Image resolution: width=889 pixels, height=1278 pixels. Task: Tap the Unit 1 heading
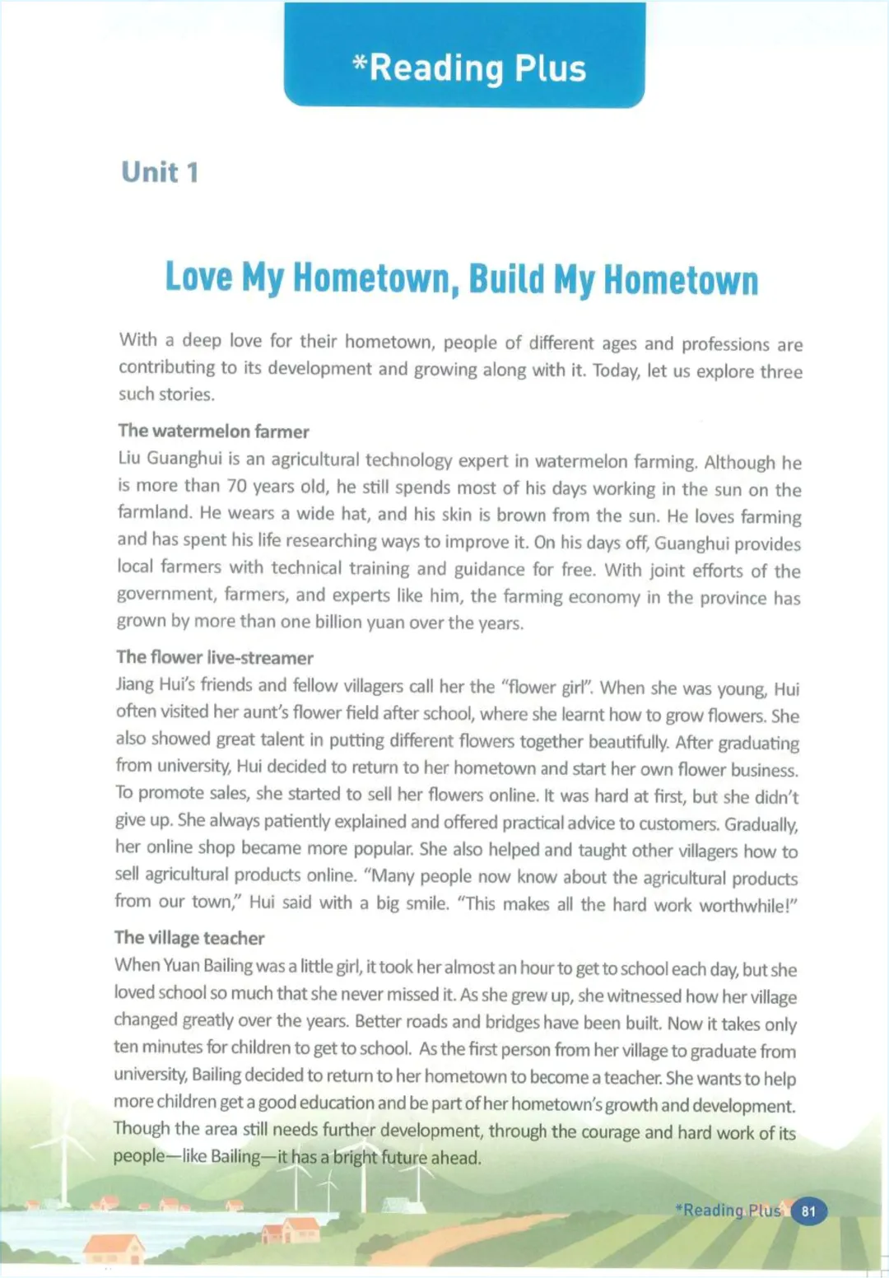(160, 172)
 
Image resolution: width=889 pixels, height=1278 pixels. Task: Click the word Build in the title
(507, 279)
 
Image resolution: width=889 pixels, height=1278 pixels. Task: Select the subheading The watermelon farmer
(213, 431)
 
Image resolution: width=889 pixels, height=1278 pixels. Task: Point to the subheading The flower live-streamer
(214, 657)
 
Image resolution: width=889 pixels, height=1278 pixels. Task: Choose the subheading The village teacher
(189, 938)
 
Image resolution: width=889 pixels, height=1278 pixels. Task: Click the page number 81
(808, 1211)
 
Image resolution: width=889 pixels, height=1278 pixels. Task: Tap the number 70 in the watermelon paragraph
(237, 486)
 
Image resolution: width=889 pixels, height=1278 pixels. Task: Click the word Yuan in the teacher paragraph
(181, 965)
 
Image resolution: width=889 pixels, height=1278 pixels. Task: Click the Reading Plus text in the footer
(728, 1210)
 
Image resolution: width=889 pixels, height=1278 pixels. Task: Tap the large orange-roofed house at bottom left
(115, 1248)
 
